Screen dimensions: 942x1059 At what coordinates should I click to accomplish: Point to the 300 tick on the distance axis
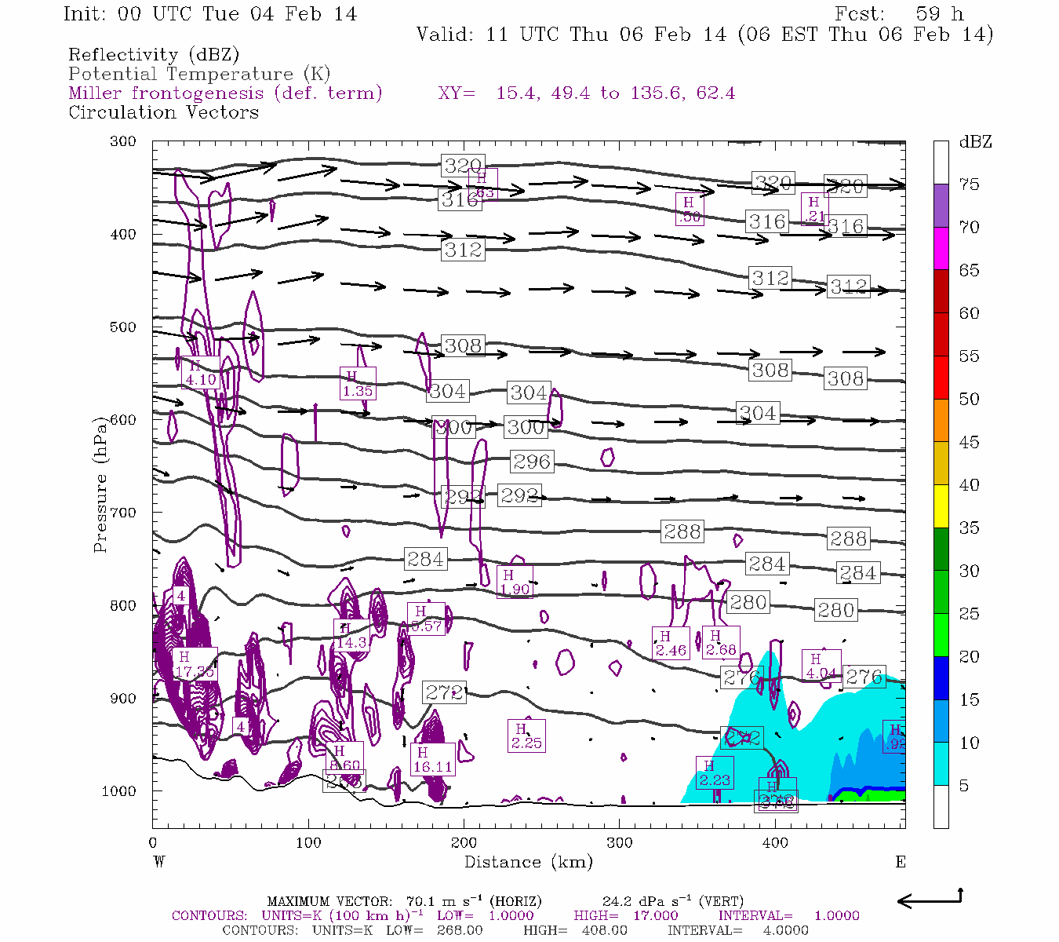620,843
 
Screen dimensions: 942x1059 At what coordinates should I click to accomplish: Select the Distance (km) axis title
528,862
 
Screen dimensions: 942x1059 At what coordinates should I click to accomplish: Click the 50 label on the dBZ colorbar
969,399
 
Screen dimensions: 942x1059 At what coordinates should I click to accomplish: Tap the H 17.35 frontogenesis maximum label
194,664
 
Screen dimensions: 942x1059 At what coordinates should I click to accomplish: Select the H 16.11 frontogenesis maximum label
432,760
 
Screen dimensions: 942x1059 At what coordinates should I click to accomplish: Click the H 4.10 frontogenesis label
199,373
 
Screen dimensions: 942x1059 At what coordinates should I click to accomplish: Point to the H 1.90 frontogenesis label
514,582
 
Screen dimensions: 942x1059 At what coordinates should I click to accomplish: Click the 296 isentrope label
531,462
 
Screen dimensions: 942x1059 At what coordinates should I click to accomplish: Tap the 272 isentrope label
443,692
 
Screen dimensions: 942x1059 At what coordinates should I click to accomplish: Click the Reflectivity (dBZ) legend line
154,55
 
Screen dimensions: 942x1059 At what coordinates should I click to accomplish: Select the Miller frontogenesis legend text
225,93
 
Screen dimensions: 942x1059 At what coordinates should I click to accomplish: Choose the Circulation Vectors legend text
163,112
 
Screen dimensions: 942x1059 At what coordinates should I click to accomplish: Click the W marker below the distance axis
158,862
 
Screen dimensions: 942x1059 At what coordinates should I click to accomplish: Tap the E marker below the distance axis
901,862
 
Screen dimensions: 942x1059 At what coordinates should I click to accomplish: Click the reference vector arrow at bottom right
929,900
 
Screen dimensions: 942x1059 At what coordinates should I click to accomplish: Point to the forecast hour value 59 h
938,14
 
